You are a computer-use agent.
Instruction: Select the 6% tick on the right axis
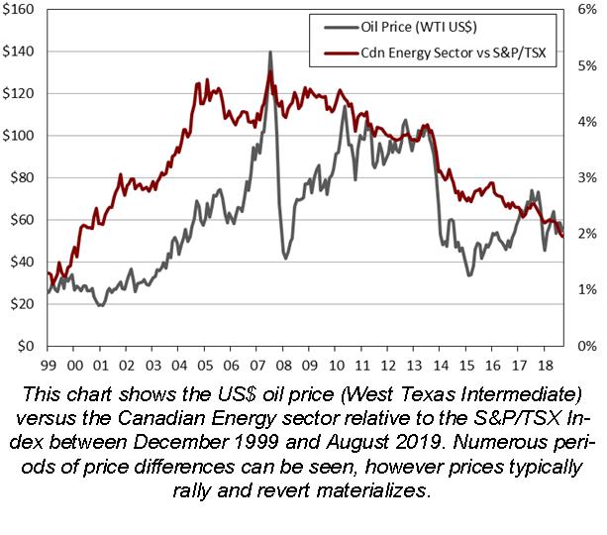tap(586, 9)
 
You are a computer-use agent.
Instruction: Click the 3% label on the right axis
tap(586, 177)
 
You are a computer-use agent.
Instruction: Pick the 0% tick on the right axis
tap(586, 347)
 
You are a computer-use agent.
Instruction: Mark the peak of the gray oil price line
tap(269, 53)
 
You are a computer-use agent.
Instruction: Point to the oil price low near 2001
tap(100, 305)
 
